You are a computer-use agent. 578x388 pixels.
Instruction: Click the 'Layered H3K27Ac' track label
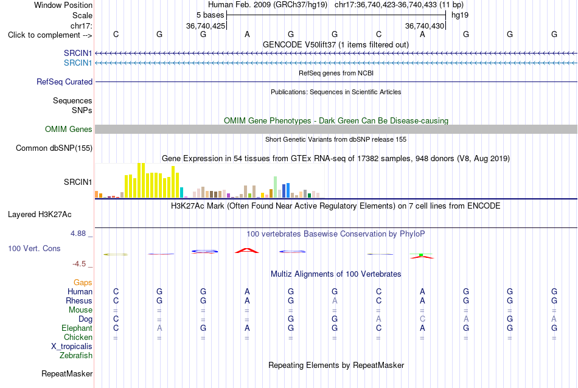pyautogui.click(x=40, y=215)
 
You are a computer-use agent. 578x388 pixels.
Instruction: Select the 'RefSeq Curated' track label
pyautogui.click(x=64, y=82)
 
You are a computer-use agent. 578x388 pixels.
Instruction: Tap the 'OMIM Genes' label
pyautogui.click(x=69, y=130)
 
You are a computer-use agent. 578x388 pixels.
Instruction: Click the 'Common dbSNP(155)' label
pyautogui.click(x=54, y=148)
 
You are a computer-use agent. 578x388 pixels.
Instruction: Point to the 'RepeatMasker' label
pyautogui.click(x=67, y=373)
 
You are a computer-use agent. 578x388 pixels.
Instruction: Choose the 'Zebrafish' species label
pyautogui.click(x=76, y=356)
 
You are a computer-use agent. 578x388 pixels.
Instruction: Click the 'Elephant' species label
pyautogui.click(x=77, y=328)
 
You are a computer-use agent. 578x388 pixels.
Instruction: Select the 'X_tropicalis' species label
pyautogui.click(x=72, y=347)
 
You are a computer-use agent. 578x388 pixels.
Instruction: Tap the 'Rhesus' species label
pyautogui.click(x=79, y=300)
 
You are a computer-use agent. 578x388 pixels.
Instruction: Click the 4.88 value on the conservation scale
pyautogui.click(x=78, y=234)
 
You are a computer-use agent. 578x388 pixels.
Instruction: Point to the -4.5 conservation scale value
pyautogui.click(x=79, y=264)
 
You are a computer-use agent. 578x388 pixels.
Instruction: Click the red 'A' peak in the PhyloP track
pyautogui.click(x=247, y=251)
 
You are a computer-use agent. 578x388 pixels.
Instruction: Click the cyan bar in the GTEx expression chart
pyautogui.click(x=181, y=192)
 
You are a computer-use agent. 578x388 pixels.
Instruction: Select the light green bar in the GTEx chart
pyautogui.click(x=275, y=187)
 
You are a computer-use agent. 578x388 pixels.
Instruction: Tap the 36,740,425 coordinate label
pyautogui.click(x=205, y=26)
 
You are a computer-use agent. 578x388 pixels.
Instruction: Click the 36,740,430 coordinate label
pyautogui.click(x=425, y=26)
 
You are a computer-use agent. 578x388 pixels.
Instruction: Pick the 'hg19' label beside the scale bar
pyautogui.click(x=460, y=15)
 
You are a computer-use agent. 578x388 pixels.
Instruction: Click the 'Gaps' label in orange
pyautogui.click(x=83, y=283)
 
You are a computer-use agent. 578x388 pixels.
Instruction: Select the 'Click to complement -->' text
pyautogui.click(x=50, y=35)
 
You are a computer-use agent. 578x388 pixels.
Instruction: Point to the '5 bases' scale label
pyautogui.click(x=210, y=15)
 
